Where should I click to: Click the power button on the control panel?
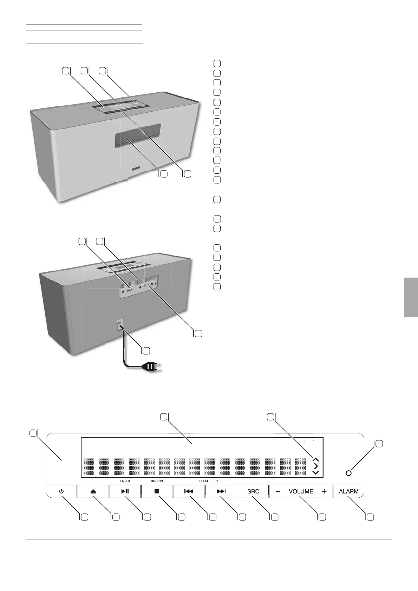click(61, 491)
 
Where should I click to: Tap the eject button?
click(93, 491)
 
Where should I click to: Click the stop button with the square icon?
click(157, 491)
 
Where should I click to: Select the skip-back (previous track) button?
click(189, 491)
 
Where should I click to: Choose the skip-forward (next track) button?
click(221, 491)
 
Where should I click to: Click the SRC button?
click(253, 491)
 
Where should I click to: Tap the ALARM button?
click(348, 491)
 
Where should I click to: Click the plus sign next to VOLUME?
click(324, 491)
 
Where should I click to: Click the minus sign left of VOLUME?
click(278, 491)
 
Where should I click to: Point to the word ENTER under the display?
click(125, 481)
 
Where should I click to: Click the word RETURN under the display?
click(157, 481)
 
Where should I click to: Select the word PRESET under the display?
click(205, 481)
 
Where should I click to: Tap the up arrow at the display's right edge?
click(315, 459)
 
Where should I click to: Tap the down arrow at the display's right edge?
click(315, 472)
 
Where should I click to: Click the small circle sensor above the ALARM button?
click(348, 473)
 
